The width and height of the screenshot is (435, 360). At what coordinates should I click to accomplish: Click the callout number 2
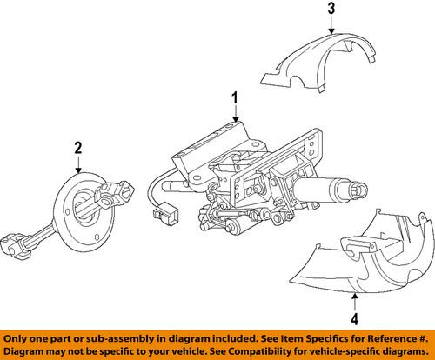pos(78,149)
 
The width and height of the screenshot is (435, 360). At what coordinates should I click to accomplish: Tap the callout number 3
pos(331,10)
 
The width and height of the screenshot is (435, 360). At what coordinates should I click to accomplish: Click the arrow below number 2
pos(78,166)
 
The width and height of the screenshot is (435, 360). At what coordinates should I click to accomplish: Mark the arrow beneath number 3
pos(331,28)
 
